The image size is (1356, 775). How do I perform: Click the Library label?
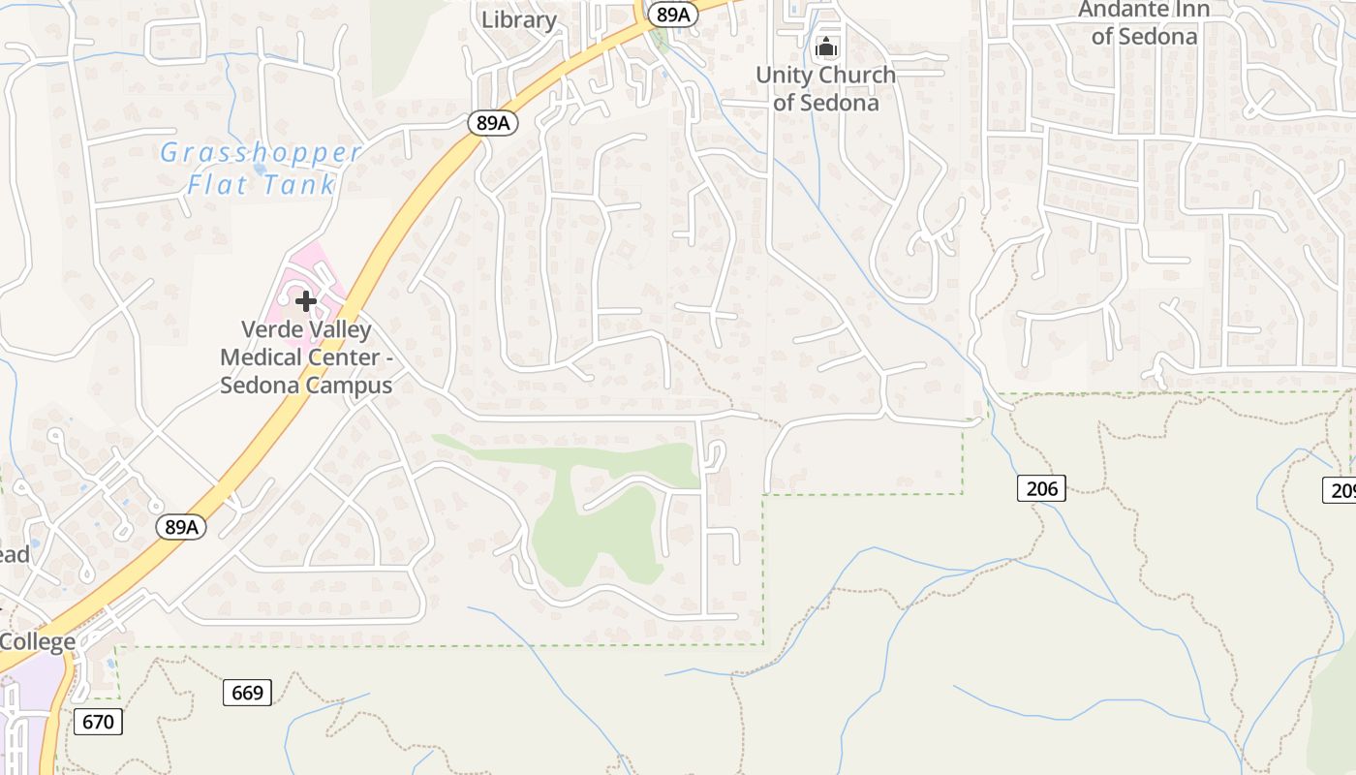[x=518, y=19]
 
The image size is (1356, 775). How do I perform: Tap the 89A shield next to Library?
[x=672, y=14]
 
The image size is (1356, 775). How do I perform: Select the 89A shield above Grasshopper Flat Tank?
[x=492, y=122]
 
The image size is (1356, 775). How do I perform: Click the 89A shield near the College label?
[x=181, y=527]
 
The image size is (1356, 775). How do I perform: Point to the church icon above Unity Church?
[x=825, y=46]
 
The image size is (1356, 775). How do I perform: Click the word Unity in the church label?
[x=786, y=75]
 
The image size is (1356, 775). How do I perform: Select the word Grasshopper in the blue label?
[x=262, y=153]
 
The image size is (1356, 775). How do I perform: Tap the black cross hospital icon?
[x=306, y=301]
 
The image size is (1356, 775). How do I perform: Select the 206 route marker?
[x=1041, y=488]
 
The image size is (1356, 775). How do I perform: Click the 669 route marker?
[x=247, y=693]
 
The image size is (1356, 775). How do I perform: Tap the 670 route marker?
[x=98, y=722]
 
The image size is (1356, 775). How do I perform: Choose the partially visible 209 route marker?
[x=1341, y=490]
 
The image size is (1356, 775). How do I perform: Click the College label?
[x=37, y=641]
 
